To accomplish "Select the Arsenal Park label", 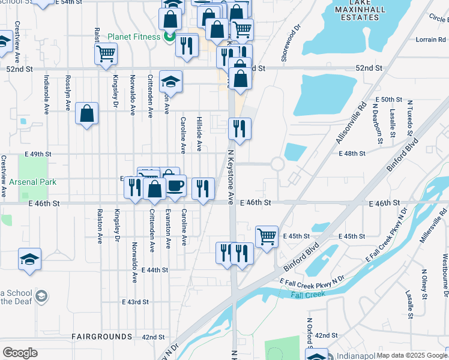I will [33, 181].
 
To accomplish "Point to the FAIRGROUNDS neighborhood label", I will [101, 337].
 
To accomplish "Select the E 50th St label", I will [388, 99].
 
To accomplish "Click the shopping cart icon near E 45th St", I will [267, 235].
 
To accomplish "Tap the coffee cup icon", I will [176, 185].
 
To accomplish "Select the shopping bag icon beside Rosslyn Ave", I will [87, 113].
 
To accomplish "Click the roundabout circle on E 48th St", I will [277, 164].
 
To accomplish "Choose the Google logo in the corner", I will [20, 353].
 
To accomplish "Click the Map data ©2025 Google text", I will [412, 355].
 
